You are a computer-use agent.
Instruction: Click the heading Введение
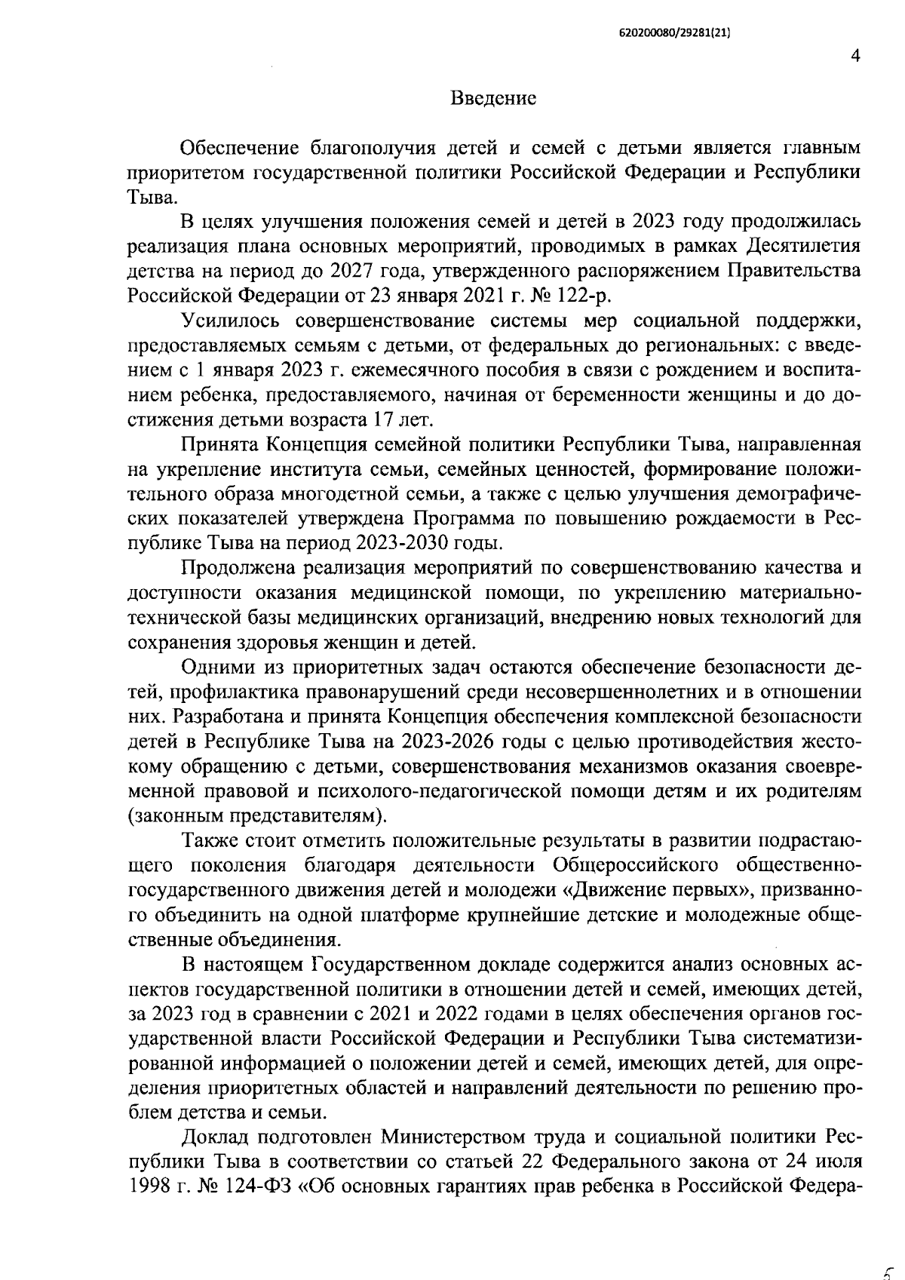point(493,99)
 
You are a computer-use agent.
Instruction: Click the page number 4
point(855,57)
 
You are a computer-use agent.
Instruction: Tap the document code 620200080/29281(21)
point(675,34)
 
